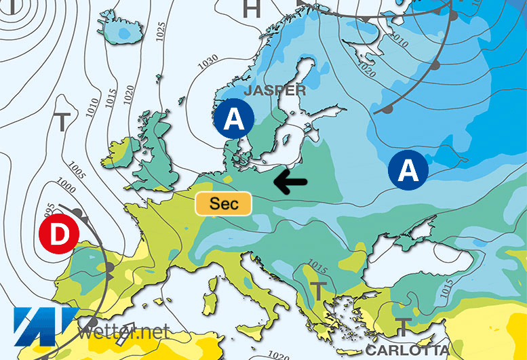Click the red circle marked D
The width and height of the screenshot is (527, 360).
[x=60, y=235]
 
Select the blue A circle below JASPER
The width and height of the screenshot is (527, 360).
[x=233, y=120]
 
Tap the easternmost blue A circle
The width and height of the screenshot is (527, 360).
[x=408, y=170]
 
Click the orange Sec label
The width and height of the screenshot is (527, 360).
[x=224, y=203]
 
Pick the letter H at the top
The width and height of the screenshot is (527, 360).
[x=252, y=9]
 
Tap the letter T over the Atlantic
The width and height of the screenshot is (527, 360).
[x=62, y=123]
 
